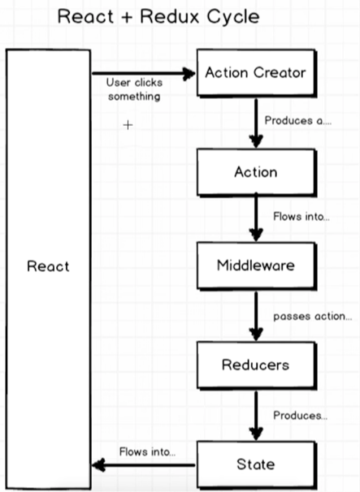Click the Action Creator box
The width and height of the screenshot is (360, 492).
pyautogui.click(x=256, y=73)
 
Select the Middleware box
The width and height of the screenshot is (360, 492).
pyautogui.click(x=256, y=265)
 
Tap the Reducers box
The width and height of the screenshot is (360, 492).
pyautogui.click(x=256, y=365)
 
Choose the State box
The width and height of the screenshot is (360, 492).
pyautogui.click(x=256, y=464)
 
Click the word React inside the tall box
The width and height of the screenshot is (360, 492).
pyautogui.click(x=48, y=266)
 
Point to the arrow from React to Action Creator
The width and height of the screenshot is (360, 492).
pyautogui.click(x=143, y=74)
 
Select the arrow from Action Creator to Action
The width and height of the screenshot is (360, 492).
pyautogui.click(x=256, y=123)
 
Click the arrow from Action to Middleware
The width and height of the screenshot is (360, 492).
pyautogui.click(x=256, y=217)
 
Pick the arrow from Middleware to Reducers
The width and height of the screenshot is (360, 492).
pyautogui.click(x=256, y=317)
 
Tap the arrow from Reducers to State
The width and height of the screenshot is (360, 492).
pyautogui.click(x=256, y=416)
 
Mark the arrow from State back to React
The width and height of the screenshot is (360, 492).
pyautogui.click(x=143, y=465)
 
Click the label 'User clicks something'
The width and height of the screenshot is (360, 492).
pyautogui.click(x=134, y=89)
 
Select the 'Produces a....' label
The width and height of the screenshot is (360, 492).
pyautogui.click(x=297, y=121)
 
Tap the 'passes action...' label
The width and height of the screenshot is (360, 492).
pyautogui.click(x=313, y=317)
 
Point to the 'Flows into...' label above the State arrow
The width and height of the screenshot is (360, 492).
pyautogui.click(x=147, y=452)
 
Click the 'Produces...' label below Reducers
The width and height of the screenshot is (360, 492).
pyautogui.click(x=301, y=416)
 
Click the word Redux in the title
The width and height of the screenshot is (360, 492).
pyautogui.click(x=170, y=16)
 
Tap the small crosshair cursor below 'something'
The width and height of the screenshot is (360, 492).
pyautogui.click(x=128, y=125)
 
